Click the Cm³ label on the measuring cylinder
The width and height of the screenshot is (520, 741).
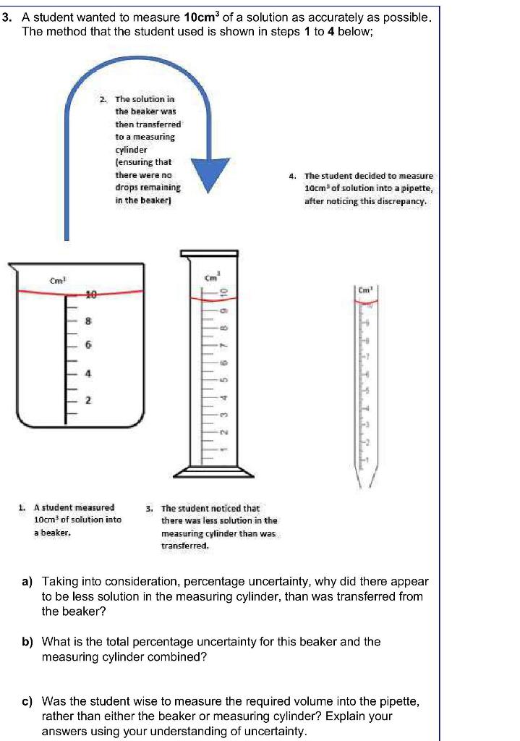[x=212, y=277]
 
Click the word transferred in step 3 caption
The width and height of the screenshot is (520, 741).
[x=184, y=546]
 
